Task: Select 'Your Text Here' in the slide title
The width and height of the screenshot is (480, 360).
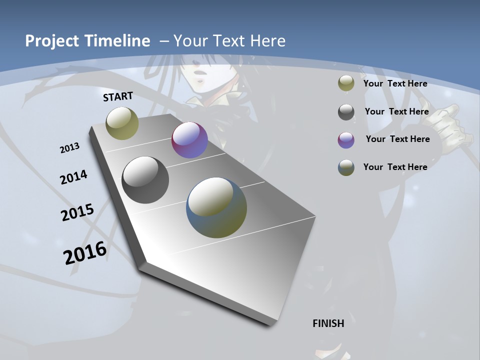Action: [229, 41]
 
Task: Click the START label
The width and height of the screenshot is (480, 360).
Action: [118, 96]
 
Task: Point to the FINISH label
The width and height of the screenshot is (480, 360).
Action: [328, 323]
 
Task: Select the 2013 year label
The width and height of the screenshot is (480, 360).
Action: [70, 148]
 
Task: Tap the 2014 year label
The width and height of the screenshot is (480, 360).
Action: [73, 177]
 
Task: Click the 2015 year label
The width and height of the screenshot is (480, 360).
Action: [77, 212]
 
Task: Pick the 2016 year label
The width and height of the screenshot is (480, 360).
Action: [85, 252]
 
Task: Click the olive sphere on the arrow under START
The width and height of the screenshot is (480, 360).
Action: [122, 123]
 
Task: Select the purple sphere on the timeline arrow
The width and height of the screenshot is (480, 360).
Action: [189, 140]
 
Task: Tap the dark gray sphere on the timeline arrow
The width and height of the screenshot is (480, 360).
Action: [145, 180]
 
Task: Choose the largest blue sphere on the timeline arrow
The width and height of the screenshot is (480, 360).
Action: [216, 207]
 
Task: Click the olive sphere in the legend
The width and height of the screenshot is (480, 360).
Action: [346, 83]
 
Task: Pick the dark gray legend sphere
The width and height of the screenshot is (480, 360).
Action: [346, 112]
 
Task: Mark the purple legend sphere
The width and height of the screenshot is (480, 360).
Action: [346, 140]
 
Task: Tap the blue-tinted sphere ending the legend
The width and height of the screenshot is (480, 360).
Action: [346, 167]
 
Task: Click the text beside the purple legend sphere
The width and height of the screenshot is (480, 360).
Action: [397, 139]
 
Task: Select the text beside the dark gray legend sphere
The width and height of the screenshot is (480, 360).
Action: [396, 111]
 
